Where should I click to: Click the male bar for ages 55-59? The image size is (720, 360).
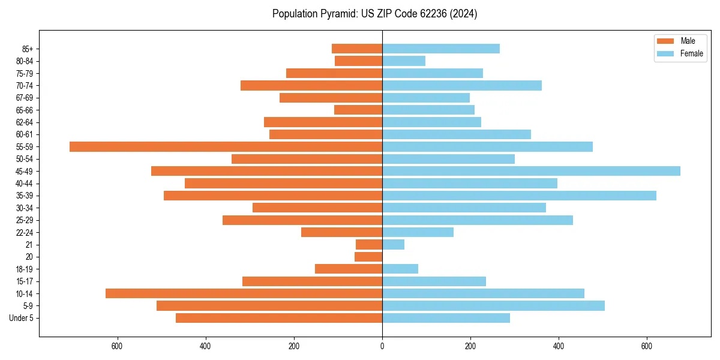226,146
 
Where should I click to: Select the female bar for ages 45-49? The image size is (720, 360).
531,171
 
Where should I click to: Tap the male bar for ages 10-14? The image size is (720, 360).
244,293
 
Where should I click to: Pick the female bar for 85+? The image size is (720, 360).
441,49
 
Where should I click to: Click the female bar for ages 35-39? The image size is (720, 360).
519,196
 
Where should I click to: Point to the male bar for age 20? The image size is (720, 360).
368,257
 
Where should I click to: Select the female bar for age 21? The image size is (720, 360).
393,244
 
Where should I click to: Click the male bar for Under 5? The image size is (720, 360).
279,318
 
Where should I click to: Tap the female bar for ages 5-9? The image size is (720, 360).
493,305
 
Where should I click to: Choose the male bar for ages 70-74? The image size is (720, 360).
311,85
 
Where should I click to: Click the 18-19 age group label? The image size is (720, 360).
25,269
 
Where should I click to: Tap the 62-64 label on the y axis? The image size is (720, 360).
25,122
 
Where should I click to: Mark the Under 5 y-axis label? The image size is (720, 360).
21,318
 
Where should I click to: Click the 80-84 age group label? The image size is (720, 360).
25,61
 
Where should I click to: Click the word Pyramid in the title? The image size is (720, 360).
338,14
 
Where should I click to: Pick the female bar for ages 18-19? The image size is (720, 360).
400,269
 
